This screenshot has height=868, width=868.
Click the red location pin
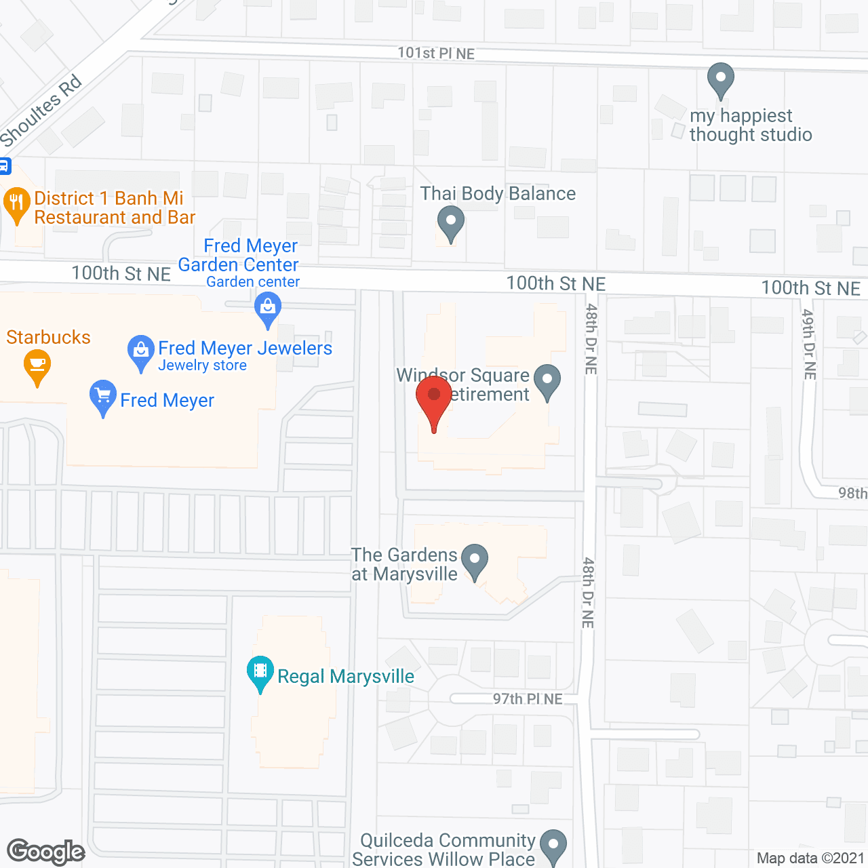click(434, 397)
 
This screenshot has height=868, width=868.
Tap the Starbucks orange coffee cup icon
click(37, 366)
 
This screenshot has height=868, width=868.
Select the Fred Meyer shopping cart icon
click(103, 396)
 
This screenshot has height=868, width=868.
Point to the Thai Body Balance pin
click(450, 222)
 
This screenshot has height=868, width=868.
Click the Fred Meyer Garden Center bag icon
click(268, 309)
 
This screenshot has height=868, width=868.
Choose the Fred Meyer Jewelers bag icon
click(140, 352)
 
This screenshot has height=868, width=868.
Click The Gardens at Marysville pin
click(475, 561)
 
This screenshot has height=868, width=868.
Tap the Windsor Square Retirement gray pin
click(547, 380)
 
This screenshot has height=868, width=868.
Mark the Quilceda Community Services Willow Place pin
click(553, 846)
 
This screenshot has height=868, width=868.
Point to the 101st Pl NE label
click(436, 53)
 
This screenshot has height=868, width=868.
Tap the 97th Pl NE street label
click(528, 699)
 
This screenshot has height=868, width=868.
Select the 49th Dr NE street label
click(809, 344)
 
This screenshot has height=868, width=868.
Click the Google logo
click(46, 852)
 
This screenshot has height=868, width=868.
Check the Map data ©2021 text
click(810, 858)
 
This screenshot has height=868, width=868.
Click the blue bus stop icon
click(4, 165)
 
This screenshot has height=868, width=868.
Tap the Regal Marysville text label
click(346, 676)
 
